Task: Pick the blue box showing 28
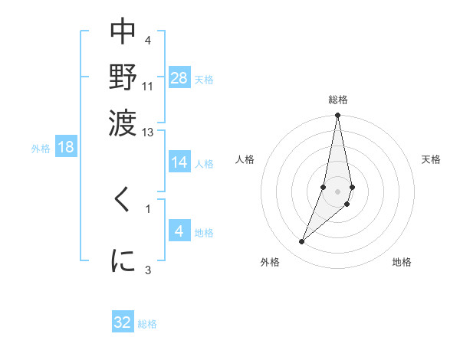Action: pyautogui.click(x=179, y=78)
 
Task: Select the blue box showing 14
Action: pyautogui.click(x=179, y=162)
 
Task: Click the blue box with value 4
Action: pyautogui.click(x=179, y=231)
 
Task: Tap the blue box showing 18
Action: pyautogui.click(x=66, y=147)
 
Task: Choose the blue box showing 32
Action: pyautogui.click(x=123, y=322)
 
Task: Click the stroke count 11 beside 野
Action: pyautogui.click(x=148, y=86)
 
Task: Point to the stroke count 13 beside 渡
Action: pyautogui.click(x=148, y=133)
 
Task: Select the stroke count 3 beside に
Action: pyautogui.click(x=148, y=269)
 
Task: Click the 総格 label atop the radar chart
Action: pyautogui.click(x=337, y=100)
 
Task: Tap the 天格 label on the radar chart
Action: pyautogui.click(x=431, y=159)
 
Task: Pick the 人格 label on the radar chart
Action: pyautogui.click(x=245, y=159)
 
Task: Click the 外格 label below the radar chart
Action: pyautogui.click(x=270, y=262)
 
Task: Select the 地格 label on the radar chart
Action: pyautogui.click(x=402, y=262)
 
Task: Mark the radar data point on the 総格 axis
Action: pyautogui.click(x=337, y=116)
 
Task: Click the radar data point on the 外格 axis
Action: pyautogui.click(x=301, y=242)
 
